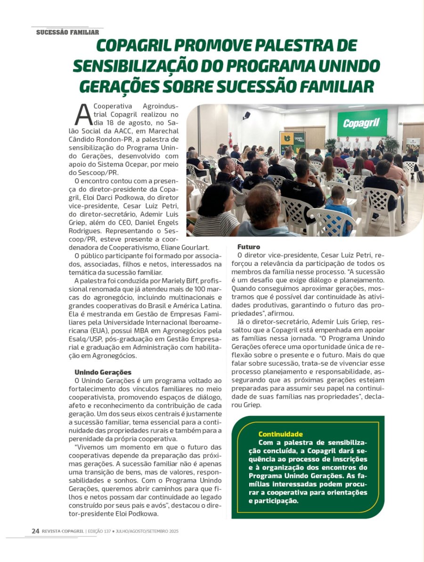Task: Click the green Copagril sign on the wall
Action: (362, 123)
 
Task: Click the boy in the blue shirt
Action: (339, 207)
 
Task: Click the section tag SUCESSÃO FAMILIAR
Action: (67, 33)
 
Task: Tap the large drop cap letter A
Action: (83, 113)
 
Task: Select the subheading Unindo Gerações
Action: (103, 372)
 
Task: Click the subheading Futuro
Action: (248, 247)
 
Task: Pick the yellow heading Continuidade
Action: (281, 434)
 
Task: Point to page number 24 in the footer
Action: (35, 531)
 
